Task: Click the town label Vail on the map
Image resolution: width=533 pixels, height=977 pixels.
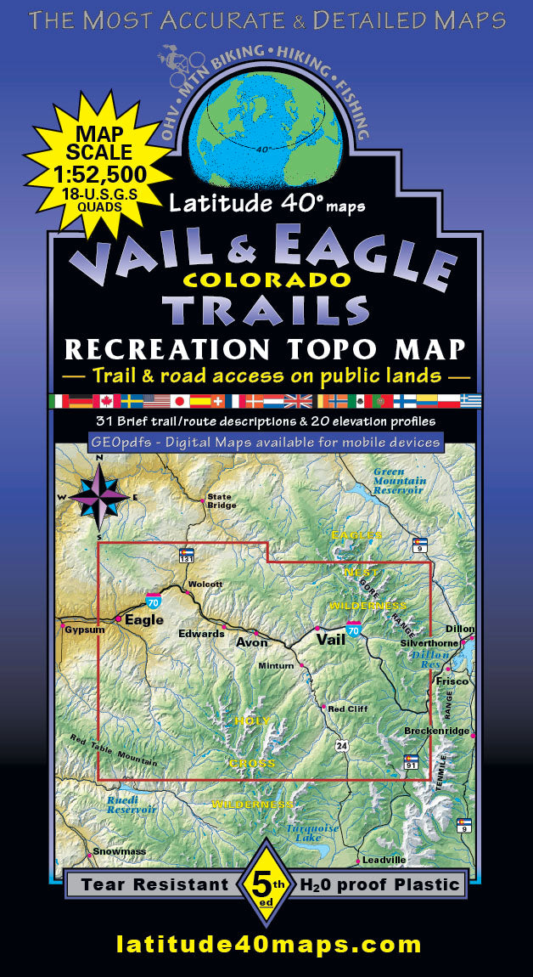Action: [x=330, y=639]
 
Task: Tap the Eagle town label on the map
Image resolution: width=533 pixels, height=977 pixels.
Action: [x=143, y=619]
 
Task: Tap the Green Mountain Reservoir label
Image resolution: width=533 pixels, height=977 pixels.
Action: [x=398, y=482]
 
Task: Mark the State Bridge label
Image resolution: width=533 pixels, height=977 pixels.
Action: [x=220, y=500]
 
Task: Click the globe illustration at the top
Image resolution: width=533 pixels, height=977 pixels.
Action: [x=266, y=119]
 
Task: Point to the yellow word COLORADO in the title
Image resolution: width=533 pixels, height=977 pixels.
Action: [x=265, y=279]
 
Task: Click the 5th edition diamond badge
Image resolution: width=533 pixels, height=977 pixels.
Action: [x=265, y=884]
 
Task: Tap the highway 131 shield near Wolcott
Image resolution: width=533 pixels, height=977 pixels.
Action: [x=187, y=556]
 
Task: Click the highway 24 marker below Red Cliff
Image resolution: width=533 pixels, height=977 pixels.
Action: [x=341, y=746]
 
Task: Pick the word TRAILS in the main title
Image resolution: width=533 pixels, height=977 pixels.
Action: [x=265, y=308]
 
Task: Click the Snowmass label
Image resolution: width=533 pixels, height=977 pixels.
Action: [x=115, y=851]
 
